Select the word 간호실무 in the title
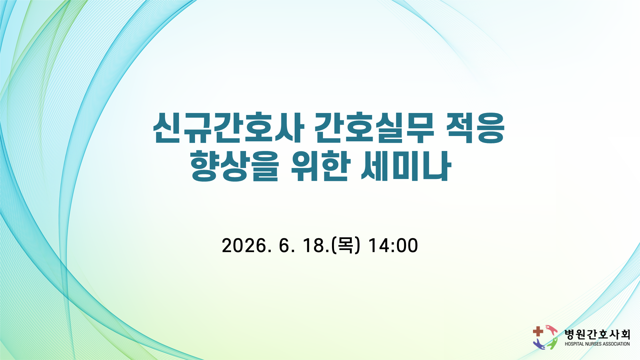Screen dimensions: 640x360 click(375, 128)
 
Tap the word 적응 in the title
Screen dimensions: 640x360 click(475, 128)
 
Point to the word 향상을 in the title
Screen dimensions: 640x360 click(235, 166)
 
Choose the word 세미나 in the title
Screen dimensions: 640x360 click(406, 166)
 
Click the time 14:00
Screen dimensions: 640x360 click(393, 246)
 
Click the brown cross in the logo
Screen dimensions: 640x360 click(538, 331)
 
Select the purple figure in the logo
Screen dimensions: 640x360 click(539, 345)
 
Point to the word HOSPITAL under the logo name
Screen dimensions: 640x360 click(574, 344)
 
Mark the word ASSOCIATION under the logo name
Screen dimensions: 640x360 click(617, 344)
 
